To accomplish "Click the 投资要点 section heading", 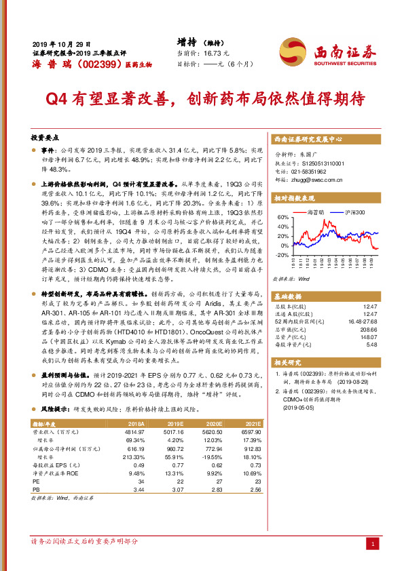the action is click(x=47, y=137).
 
